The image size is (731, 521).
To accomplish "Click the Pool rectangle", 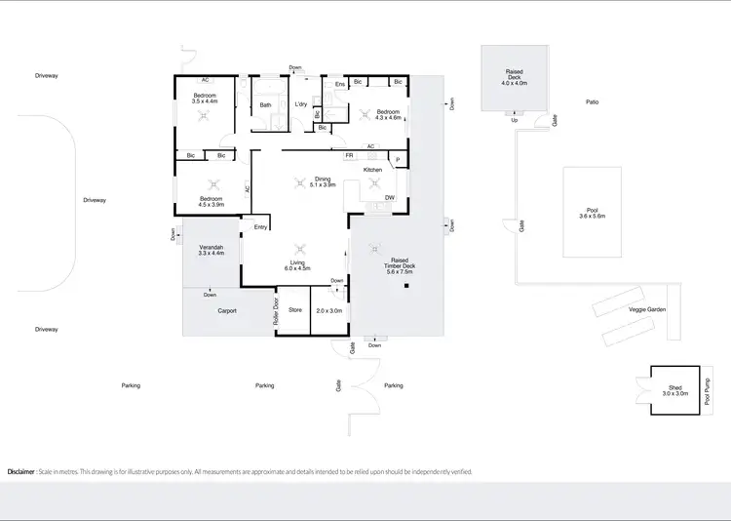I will [592, 212].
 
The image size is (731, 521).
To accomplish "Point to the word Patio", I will [592, 101].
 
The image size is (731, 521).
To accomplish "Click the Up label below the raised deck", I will [514, 120].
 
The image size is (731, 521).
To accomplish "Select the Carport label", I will [227, 311].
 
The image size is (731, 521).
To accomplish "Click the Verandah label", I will [212, 248].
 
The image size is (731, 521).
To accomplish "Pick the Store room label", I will [294, 310].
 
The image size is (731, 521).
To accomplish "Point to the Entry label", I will [260, 227].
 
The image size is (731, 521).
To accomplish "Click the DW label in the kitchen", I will [389, 198].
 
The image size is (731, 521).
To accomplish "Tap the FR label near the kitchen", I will [348, 155].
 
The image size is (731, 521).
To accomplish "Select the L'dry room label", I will [301, 104].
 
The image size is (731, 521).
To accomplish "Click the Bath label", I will [265, 104].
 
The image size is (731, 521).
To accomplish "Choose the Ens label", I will [339, 85].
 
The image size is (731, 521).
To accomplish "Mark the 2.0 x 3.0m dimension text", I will [328, 310].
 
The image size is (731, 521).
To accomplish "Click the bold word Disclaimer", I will [21, 471].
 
